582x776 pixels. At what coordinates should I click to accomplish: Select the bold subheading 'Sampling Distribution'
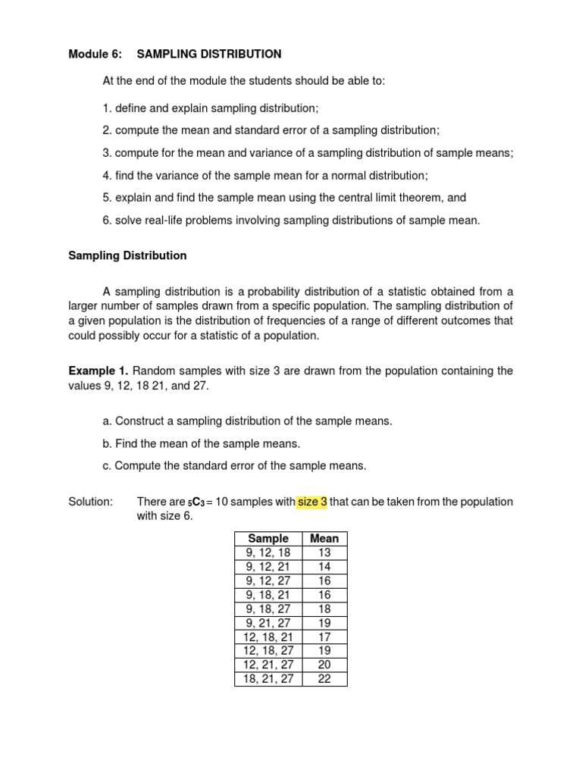coord(127,255)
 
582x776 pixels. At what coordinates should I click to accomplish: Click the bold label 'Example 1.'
coord(98,371)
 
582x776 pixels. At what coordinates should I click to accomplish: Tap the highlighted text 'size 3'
coord(311,502)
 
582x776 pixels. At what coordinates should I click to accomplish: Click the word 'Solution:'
coord(90,502)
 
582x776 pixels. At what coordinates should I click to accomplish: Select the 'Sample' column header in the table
coord(268,539)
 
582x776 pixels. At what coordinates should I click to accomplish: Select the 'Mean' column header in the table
coord(324,539)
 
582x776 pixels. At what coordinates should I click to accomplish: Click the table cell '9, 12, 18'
coord(268,552)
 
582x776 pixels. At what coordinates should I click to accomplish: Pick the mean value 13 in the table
coord(324,552)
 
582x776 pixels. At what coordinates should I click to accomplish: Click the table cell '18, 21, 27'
coord(268,678)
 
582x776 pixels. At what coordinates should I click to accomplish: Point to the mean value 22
coord(324,678)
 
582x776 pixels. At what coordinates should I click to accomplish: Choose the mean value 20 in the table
coord(324,665)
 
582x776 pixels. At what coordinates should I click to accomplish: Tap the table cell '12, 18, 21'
coord(268,637)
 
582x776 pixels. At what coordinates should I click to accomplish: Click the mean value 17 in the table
coord(324,637)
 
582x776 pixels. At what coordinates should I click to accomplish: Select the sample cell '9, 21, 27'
coord(268,622)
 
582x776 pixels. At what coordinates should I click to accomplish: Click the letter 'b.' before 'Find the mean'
coord(107,443)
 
